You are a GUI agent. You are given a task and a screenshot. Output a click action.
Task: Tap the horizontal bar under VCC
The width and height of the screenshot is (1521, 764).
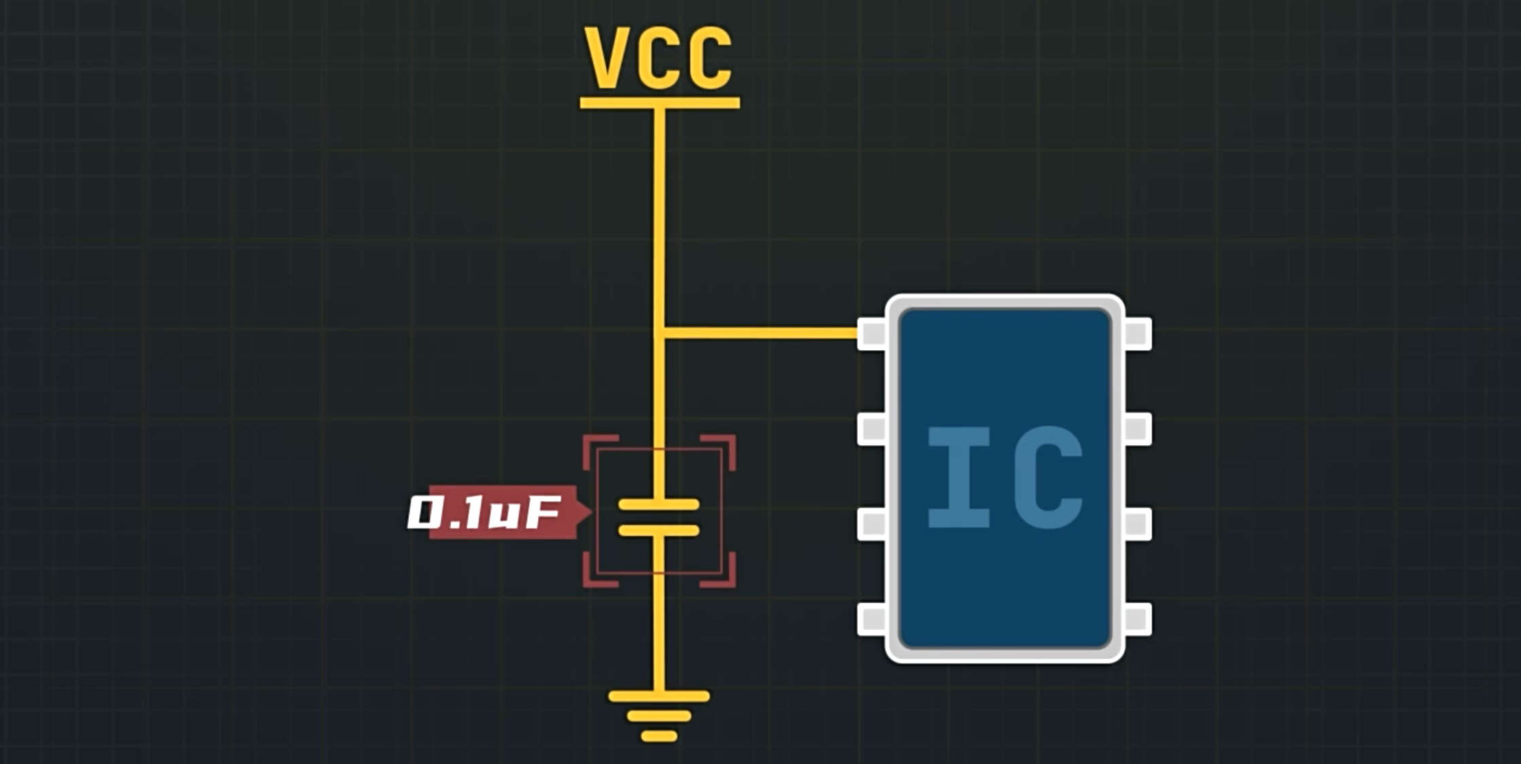coord(660,103)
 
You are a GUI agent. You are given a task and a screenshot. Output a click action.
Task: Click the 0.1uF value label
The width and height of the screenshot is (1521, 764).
coord(484,513)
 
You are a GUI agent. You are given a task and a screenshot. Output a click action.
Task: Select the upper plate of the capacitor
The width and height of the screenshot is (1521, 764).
coord(659,504)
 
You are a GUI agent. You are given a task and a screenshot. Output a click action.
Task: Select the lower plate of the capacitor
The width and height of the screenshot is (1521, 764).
coord(659,530)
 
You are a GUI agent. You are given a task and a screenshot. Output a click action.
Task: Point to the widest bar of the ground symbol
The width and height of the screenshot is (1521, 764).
coord(659,697)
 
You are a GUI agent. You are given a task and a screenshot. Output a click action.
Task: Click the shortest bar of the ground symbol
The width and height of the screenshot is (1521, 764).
coord(659,736)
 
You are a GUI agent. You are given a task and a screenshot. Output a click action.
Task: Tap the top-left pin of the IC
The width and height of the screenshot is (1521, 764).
coord(872,334)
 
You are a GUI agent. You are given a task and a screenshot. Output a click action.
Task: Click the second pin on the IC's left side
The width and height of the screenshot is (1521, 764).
coord(872,429)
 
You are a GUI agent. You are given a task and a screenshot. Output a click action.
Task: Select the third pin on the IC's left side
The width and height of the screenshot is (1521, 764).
coord(872,524)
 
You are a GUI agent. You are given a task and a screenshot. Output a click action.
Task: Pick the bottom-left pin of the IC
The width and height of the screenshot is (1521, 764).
coord(872,619)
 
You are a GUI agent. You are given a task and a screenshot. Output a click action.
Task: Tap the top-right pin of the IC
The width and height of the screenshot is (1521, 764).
coord(1138,334)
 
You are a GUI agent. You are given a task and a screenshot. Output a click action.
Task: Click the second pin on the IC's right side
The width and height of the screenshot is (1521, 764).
coord(1138,429)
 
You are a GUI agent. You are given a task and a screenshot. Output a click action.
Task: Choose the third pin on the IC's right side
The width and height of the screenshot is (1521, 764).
coord(1138,524)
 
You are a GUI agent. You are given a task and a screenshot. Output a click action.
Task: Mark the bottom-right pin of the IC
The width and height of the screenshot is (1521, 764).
coord(1138,619)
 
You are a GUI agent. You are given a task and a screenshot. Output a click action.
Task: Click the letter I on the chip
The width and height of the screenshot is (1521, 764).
coord(959,477)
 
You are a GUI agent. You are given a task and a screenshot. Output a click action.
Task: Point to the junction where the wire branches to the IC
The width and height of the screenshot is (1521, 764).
coord(660,333)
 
